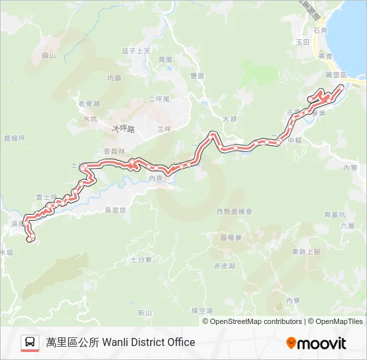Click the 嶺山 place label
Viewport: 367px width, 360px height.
pyautogui.click(x=48, y=55)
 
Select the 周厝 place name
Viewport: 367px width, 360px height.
pyautogui.click(x=165, y=59)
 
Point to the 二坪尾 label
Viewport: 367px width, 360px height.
pyautogui.click(x=160, y=99)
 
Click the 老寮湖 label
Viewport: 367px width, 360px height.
pyautogui.click(x=89, y=104)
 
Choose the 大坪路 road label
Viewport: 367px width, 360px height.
pyautogui.click(x=123, y=128)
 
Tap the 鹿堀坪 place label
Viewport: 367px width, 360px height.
pyautogui.click(x=14, y=138)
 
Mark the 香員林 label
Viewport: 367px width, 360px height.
pyautogui.click(x=115, y=151)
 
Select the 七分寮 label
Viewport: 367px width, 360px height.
pyautogui.click(x=141, y=259)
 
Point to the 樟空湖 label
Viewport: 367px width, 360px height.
pyautogui.click(x=201, y=311)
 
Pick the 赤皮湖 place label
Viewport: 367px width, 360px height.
pyautogui.click(x=224, y=265)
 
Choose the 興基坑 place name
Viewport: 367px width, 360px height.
pyautogui.click(x=335, y=215)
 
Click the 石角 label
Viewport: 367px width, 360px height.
pyautogui.click(x=320, y=31)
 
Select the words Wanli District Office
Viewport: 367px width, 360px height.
pyautogui.click(x=149, y=342)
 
